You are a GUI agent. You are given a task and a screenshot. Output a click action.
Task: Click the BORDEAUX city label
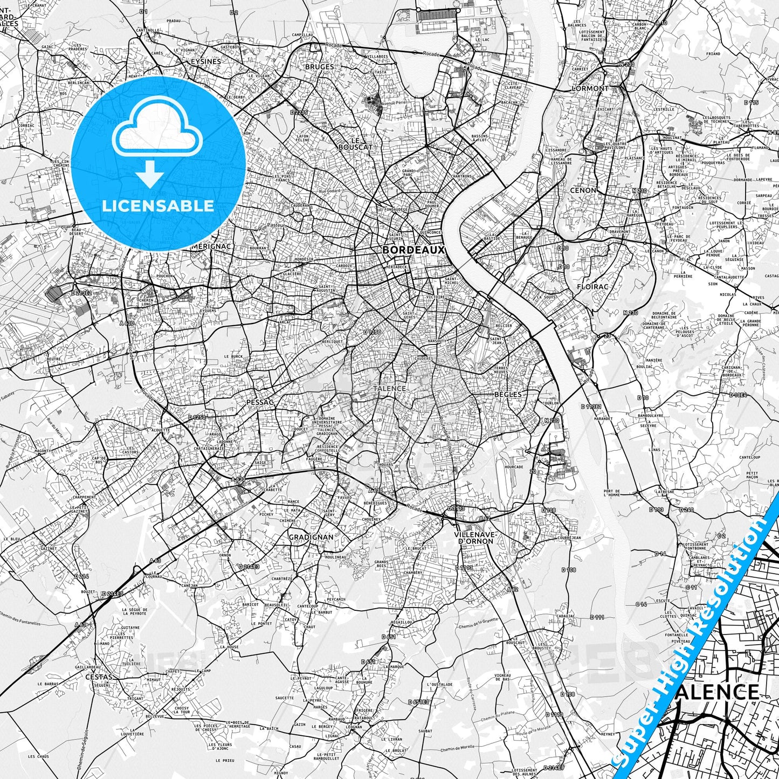click(413, 250)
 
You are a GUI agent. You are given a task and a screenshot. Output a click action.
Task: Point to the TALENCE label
click(389, 388)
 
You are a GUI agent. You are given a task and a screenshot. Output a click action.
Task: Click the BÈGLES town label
click(508, 394)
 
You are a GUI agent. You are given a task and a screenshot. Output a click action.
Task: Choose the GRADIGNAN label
click(311, 537)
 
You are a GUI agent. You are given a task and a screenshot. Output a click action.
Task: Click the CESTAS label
click(99, 677)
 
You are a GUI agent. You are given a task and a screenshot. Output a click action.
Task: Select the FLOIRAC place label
click(592, 287)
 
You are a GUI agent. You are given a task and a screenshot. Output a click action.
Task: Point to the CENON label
click(583, 190)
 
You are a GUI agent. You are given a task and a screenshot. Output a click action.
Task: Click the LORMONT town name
click(590, 88)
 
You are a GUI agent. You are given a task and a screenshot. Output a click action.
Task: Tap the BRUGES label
click(319, 67)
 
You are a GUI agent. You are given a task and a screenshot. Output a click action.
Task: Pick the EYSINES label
click(205, 61)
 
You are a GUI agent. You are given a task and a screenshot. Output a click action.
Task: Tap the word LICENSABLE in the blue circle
click(158, 206)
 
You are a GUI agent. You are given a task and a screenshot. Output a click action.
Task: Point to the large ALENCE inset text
click(716, 692)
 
